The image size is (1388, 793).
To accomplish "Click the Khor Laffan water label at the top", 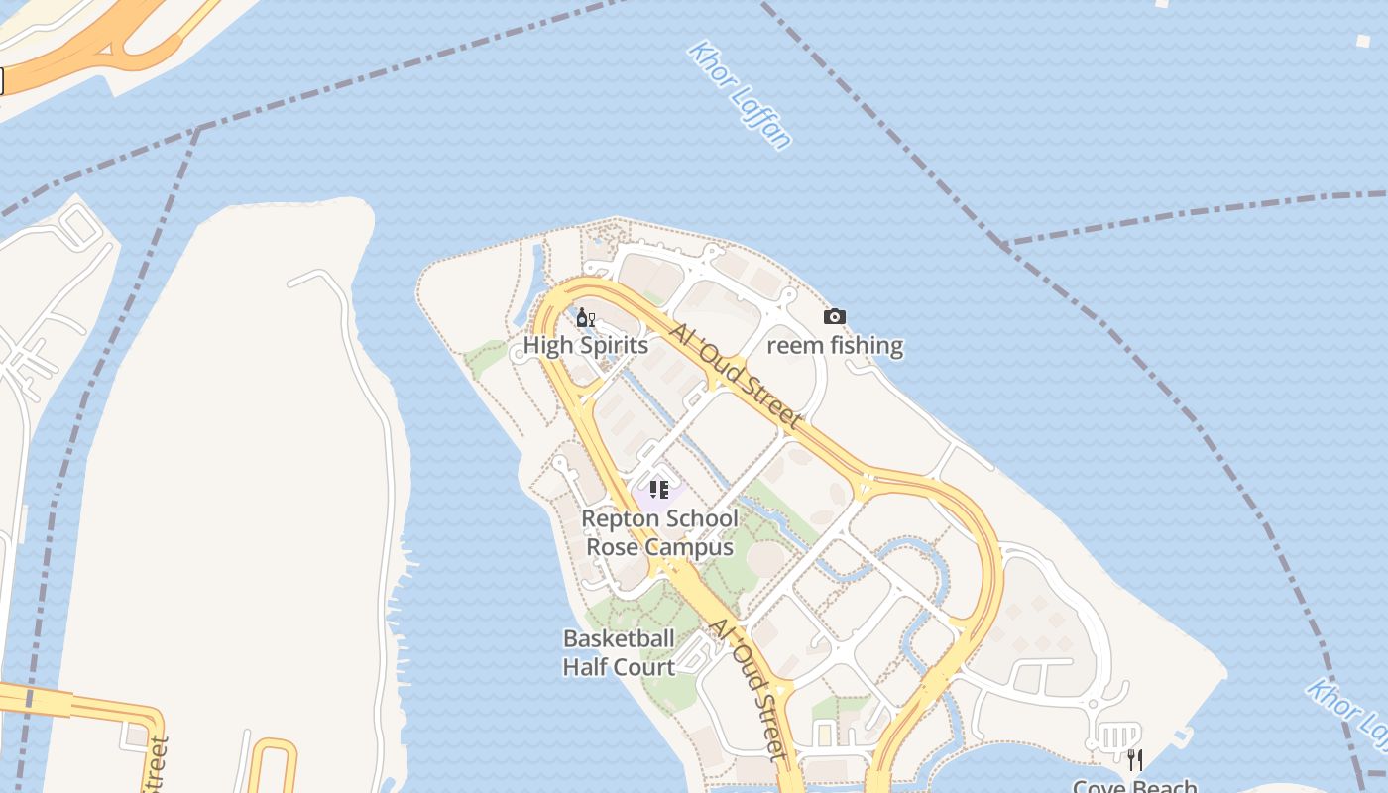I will pos(740,95).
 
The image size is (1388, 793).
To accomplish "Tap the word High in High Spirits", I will pos(546,346).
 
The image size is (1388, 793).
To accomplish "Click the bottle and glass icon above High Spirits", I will pos(585,317).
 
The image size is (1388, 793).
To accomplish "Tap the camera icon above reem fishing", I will pos(835,317).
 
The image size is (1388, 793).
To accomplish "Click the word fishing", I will pos(865,346).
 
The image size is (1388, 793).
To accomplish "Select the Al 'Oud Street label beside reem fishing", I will pos(735,377).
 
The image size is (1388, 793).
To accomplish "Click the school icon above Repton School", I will pos(659,489).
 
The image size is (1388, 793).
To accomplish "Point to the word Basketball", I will pos(619,638).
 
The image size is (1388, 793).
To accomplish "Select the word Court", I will pos(648,667).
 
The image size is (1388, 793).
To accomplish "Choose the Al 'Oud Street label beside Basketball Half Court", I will pos(750,690).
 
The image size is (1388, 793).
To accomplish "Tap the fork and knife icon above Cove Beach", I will pos(1135,760).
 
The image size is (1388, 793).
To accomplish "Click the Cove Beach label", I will pos(1135,785).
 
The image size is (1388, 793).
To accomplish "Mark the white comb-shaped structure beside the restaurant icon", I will pos(1117,736).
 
